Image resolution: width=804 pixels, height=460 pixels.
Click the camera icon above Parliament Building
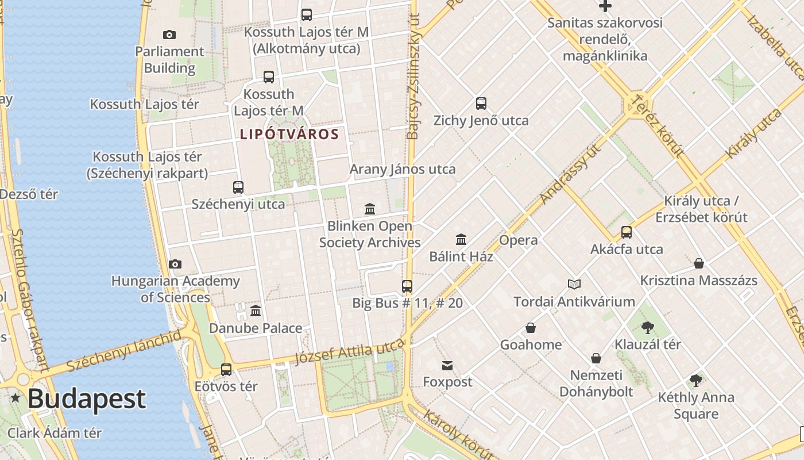click(x=169, y=34)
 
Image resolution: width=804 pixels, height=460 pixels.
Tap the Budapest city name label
click(x=86, y=398)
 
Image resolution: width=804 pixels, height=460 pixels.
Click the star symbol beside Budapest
click(x=15, y=398)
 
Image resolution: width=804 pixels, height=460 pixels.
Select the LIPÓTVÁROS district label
click(x=289, y=135)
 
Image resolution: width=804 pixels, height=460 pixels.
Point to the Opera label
click(x=519, y=240)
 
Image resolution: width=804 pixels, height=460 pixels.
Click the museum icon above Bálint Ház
click(x=461, y=239)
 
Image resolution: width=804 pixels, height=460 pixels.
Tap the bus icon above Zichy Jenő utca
click(x=481, y=103)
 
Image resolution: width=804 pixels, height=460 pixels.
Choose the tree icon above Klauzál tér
click(x=648, y=328)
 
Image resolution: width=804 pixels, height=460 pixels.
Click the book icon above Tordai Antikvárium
click(x=574, y=284)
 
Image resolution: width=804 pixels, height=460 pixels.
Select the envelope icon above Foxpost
click(x=447, y=365)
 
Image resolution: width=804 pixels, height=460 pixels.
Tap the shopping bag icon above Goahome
click(x=531, y=328)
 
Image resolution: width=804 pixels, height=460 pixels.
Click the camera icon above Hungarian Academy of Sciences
click(x=175, y=264)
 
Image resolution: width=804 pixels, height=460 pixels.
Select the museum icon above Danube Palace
click(x=256, y=311)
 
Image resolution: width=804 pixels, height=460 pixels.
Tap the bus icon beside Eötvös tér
click(x=226, y=369)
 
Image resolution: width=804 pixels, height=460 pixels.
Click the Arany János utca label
click(x=403, y=169)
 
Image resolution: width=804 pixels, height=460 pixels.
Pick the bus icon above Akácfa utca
click(x=627, y=232)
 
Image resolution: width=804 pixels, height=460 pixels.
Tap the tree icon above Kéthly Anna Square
click(x=696, y=381)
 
